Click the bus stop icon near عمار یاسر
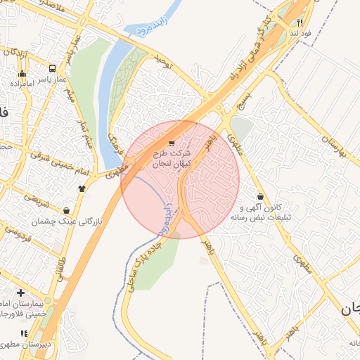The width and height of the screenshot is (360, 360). pyautogui.click(x=53, y=69)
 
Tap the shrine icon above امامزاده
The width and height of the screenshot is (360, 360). pyautogui.click(x=22, y=74)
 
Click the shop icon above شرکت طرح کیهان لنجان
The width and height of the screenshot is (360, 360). pyautogui.click(x=172, y=144)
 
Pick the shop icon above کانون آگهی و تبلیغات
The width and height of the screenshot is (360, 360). pyautogui.click(x=262, y=197)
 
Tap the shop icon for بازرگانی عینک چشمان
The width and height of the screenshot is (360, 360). pyautogui.click(x=66, y=210)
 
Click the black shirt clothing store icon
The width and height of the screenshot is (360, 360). pyautogui.click(x=82, y=188)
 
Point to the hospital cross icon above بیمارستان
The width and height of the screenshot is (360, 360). pyautogui.click(x=20, y=292)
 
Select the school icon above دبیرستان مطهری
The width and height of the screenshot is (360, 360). pyautogui.click(x=24, y=333)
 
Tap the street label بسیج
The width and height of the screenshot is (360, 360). pyautogui.click(x=244, y=94)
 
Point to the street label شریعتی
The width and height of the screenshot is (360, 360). pyautogui.click(x=32, y=199)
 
